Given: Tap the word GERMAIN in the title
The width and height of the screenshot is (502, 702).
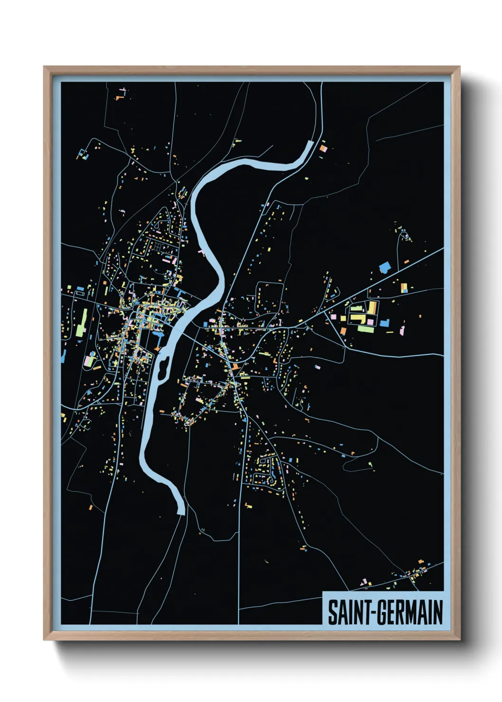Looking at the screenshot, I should click(x=409, y=612).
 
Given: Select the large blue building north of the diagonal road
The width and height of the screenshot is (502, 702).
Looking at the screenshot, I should click(x=385, y=268).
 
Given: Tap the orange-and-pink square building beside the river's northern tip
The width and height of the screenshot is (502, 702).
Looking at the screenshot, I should click(x=324, y=148).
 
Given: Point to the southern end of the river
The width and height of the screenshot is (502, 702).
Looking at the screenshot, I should click(x=180, y=512).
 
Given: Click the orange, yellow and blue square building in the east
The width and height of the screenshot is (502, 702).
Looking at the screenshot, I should click(x=404, y=287).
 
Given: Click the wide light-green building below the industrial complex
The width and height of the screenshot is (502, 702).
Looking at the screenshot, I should click(x=365, y=329).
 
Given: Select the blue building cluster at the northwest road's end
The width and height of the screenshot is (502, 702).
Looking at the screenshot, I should click(x=83, y=154).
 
